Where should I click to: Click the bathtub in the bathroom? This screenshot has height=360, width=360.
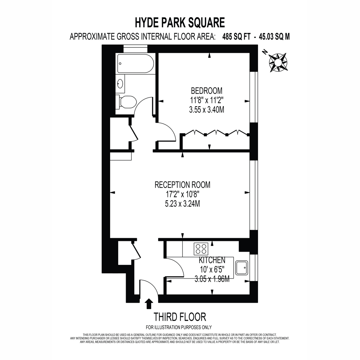coord(135,64)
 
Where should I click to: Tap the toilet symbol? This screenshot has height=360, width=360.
coord(126,102)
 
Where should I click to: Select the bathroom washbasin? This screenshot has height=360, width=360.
coord(120,83)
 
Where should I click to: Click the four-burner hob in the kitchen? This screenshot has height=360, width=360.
coord(201,249)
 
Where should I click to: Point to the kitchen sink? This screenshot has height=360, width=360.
coord(241,268)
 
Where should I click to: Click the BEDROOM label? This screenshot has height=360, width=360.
coord(207,91)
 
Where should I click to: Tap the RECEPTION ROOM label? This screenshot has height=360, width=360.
coord(182,185)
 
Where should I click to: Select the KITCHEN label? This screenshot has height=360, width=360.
coord(212,260)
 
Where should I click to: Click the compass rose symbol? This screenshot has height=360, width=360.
coord(278,62)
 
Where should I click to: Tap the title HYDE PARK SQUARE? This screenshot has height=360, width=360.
coord(180,22)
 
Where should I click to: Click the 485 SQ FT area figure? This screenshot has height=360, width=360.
coord(236,37)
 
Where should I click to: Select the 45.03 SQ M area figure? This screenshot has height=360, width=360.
coord(274,37)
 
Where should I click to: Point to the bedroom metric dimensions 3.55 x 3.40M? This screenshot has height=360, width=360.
coord(207,110)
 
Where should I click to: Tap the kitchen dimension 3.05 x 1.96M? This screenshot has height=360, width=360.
coord(212,280)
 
